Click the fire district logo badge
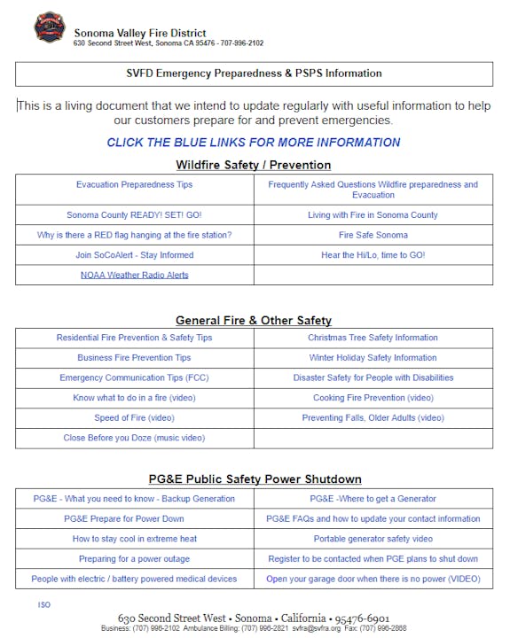[49, 28]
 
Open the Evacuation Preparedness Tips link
[134, 184]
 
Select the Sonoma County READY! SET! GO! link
[134, 215]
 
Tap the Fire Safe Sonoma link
[373, 235]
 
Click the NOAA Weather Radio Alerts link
[134, 275]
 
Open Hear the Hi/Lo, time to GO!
[373, 255]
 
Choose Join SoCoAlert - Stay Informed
[134, 255]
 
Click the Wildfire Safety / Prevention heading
[254, 165]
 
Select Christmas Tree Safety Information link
[373, 338]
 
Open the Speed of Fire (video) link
[134, 418]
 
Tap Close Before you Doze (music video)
[134, 438]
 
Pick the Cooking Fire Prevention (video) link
[373, 398]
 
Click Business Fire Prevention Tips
[134, 358]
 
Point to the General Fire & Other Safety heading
[254, 320]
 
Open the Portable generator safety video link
[373, 539]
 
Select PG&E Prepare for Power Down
[134, 518]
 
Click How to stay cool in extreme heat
[134, 539]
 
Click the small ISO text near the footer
[44, 604]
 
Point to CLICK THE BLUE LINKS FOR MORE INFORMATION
[254, 142]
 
